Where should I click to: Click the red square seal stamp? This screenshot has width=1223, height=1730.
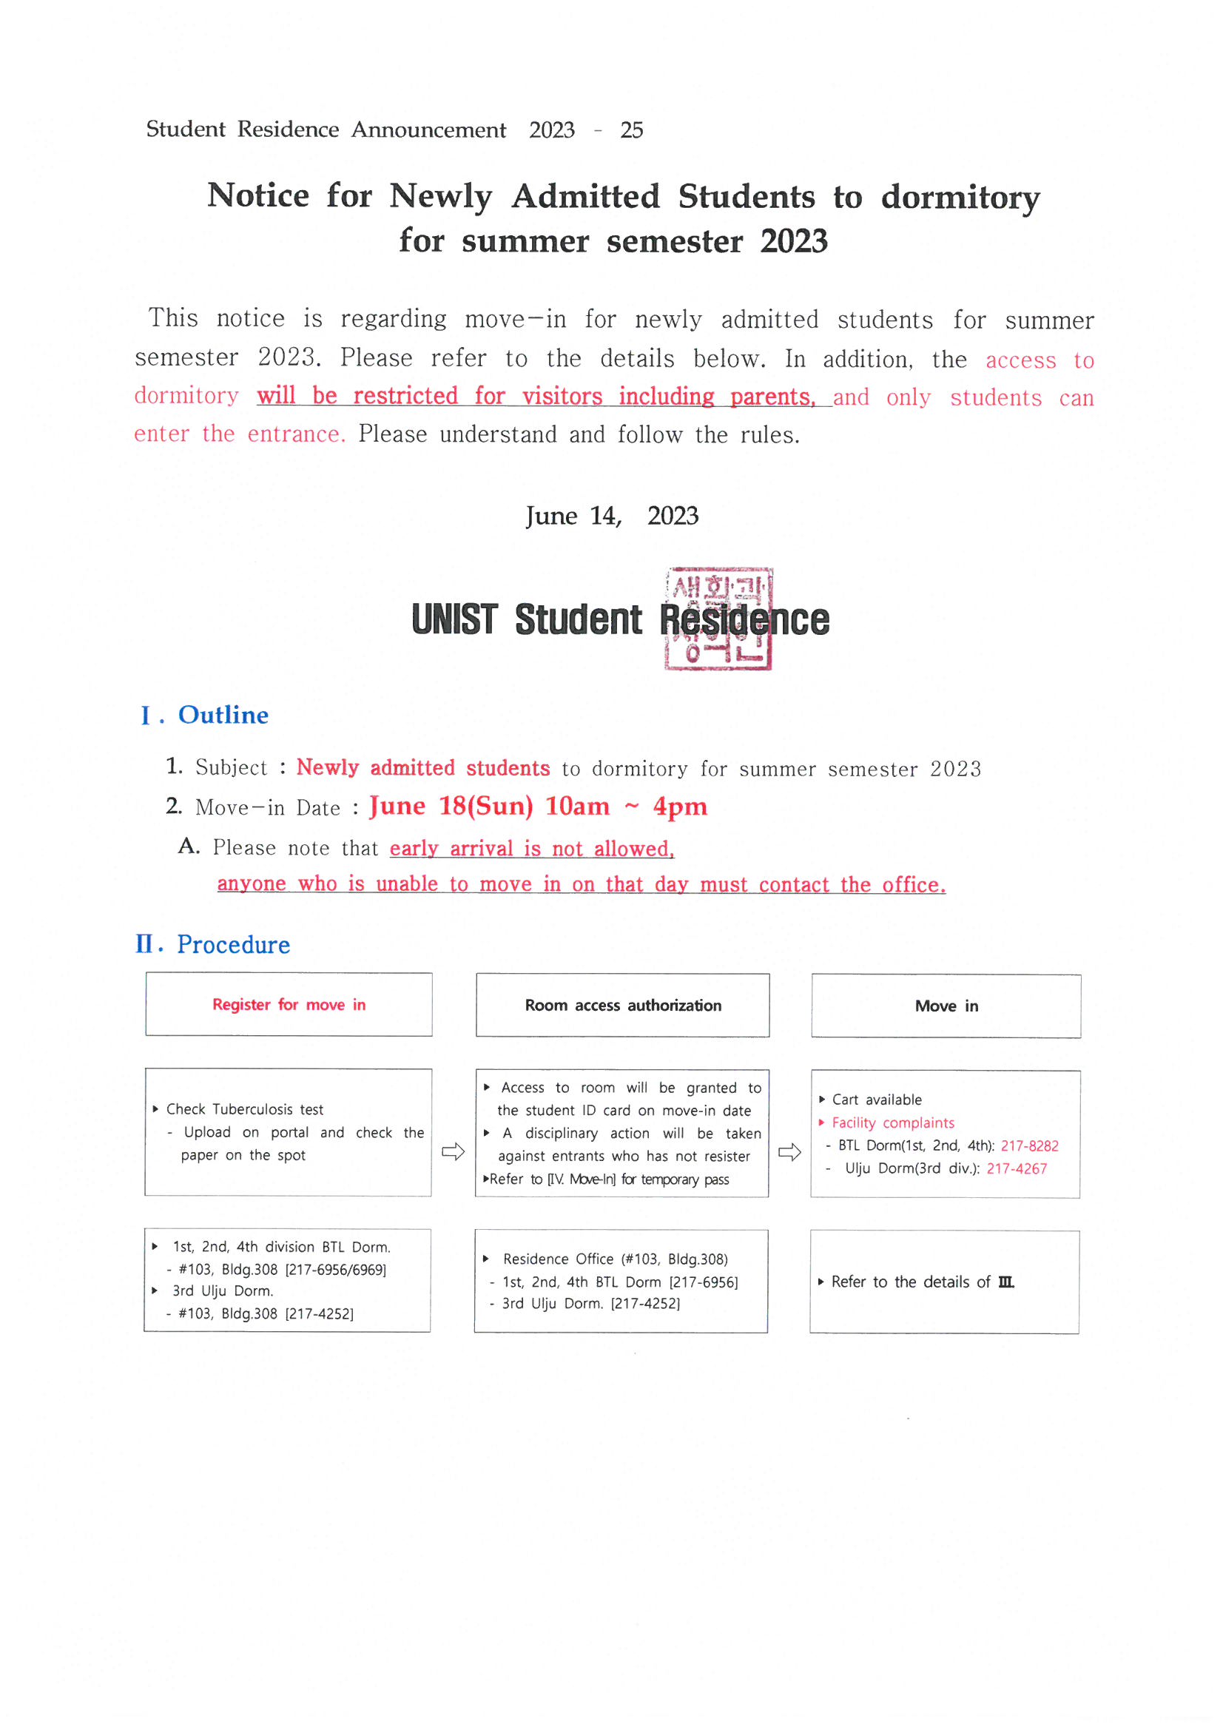coord(718,619)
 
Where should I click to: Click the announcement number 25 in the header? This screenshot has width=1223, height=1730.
coord(631,130)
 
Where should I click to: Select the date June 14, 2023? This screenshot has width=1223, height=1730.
coord(612,516)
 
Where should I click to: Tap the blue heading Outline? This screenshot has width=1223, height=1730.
coord(223,715)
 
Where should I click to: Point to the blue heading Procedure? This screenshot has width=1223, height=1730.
coord(234,945)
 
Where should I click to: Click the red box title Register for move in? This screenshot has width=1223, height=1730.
coord(289,1004)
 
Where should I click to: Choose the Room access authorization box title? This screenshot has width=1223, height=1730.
coord(623,1005)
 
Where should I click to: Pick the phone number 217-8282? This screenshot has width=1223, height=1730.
coord(1029,1146)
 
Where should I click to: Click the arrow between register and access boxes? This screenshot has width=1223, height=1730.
coord(453,1151)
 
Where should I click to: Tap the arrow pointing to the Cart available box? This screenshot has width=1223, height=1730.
coord(789,1152)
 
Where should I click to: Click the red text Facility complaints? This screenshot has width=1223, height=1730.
coord(893,1123)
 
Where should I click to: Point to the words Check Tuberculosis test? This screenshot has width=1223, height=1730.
coord(245,1109)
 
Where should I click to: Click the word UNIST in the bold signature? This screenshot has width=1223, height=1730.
coord(454,619)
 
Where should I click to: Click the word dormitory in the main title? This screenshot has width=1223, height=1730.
coord(961,198)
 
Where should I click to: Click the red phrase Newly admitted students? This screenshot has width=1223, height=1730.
coord(422,767)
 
